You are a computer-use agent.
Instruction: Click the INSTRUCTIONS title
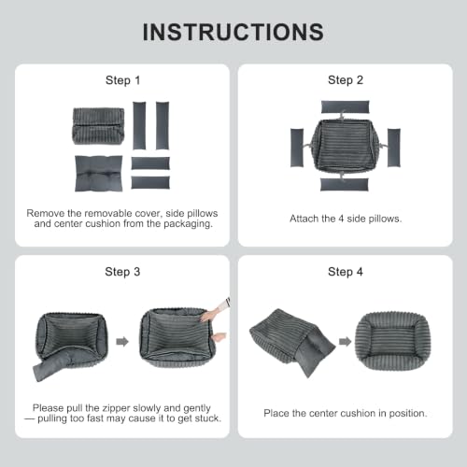233,32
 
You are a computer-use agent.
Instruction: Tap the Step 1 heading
122,80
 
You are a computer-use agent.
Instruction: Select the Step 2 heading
346,80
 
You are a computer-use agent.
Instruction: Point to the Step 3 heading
122,272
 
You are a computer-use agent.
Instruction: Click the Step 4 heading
346,272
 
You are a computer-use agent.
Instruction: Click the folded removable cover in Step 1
99,126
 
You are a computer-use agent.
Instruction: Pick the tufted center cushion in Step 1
99,174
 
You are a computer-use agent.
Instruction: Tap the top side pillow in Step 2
346,106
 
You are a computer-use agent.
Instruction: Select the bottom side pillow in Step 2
345,184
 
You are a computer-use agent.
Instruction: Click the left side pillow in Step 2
297,148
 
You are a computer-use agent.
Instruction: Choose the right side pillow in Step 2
394,148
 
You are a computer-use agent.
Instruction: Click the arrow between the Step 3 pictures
122,342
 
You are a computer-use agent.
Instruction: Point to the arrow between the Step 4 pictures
345,342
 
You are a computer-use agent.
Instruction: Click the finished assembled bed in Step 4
393,341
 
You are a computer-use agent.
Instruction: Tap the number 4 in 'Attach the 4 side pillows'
341,219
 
